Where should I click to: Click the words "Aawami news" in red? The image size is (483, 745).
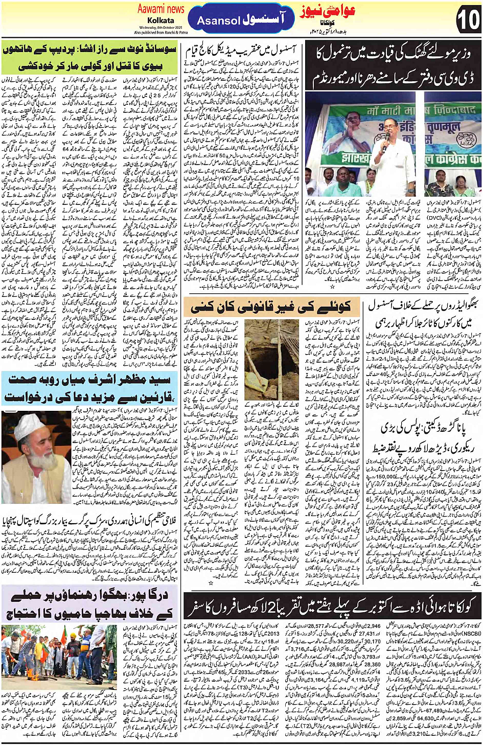(160, 9)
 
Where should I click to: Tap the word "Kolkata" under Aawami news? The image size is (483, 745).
(160, 20)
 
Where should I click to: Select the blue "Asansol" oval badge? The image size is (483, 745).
(241, 20)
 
